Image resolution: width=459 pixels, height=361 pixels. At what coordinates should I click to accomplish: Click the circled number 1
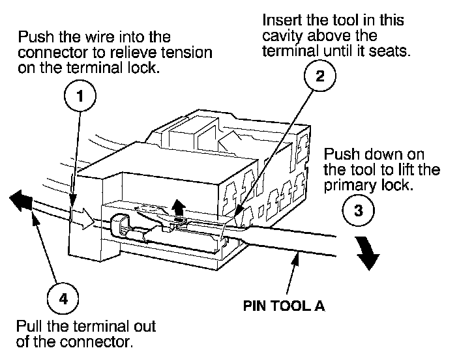pyautogui.click(x=80, y=98)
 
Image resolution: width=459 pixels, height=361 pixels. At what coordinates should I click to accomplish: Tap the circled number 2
pyautogui.click(x=319, y=76)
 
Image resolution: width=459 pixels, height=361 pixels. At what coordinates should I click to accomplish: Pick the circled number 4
pyautogui.click(x=63, y=299)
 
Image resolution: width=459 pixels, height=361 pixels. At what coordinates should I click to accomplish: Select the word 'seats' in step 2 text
pyautogui.click(x=392, y=50)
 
